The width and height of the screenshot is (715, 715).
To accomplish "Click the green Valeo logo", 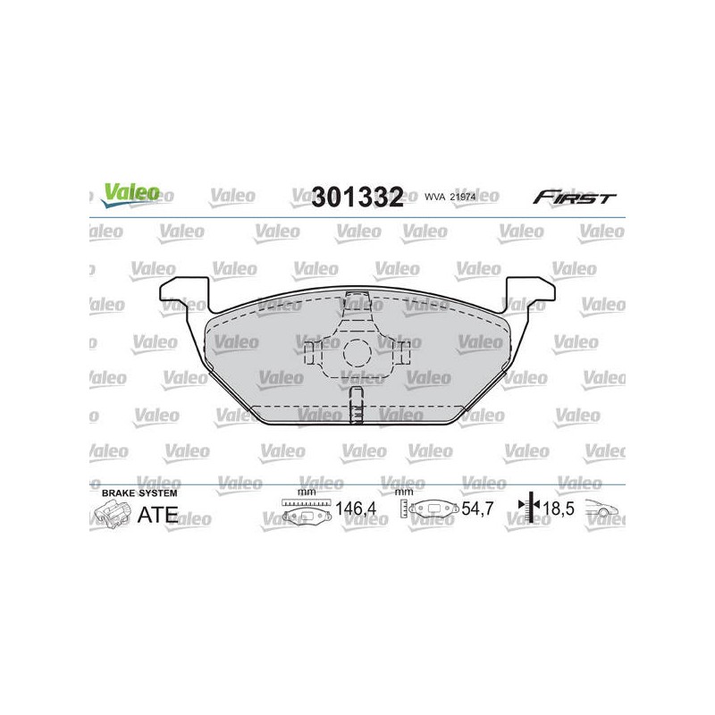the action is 130,195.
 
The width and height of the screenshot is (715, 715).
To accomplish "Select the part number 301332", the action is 357,197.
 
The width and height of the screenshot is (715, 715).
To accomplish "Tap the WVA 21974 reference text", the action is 450,197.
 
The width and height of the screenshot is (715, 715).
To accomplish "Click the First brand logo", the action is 574,198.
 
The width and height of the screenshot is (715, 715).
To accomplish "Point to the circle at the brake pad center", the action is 357,352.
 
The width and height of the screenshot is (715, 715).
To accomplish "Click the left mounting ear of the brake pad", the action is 185,294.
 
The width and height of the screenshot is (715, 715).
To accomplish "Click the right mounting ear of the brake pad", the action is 530,294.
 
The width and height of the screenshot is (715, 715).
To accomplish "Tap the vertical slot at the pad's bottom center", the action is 356,405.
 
